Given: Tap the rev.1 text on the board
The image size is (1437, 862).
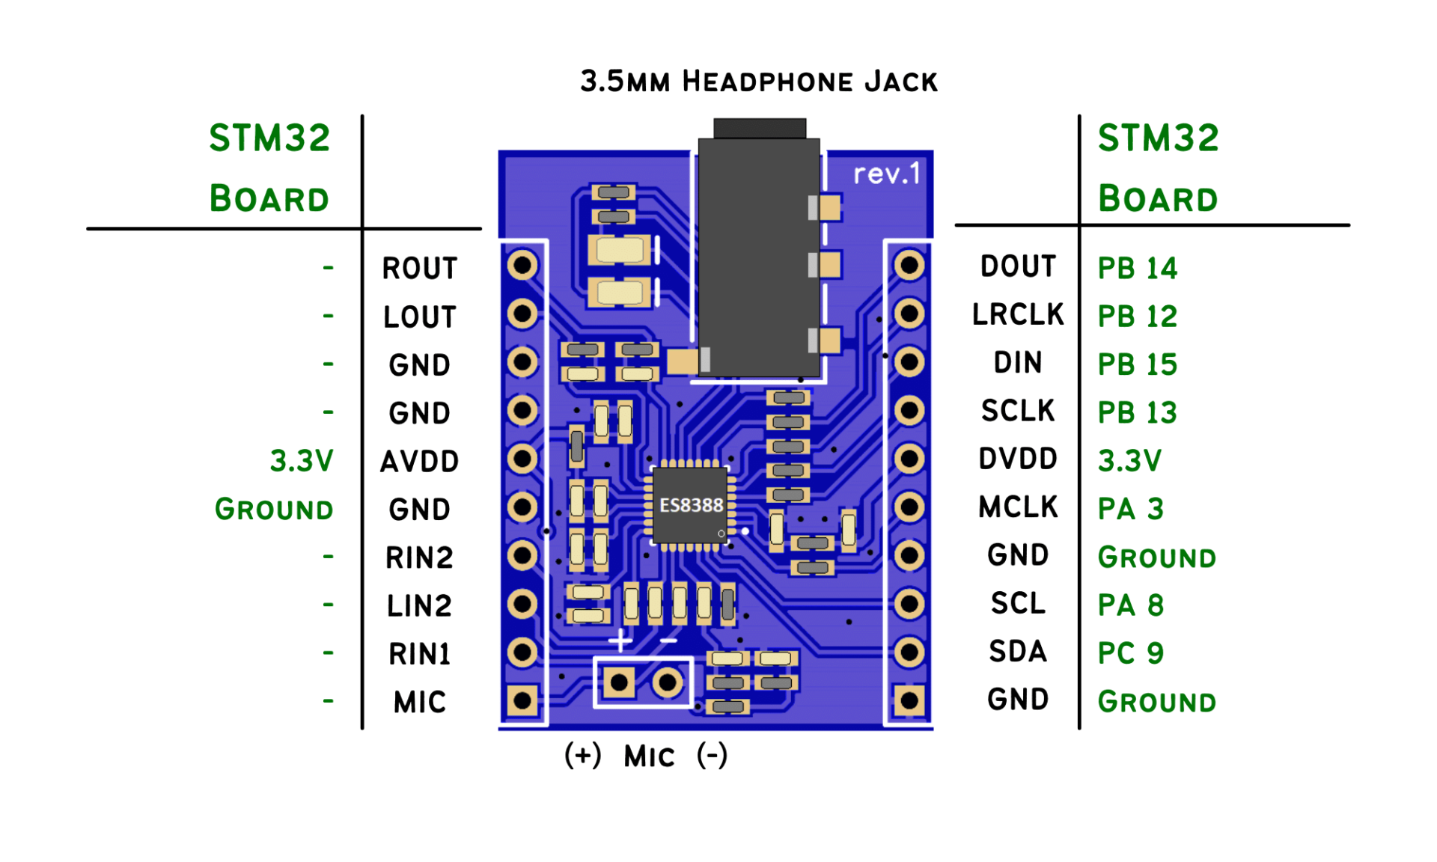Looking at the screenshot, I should coord(886,174).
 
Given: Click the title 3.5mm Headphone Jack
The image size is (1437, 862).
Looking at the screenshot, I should coord(758,81).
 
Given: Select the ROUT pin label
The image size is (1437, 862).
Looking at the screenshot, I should coord(419,269).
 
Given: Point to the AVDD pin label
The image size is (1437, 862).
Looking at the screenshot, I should coord(419,462).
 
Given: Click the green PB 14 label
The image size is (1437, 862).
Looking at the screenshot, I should coord(1137,269).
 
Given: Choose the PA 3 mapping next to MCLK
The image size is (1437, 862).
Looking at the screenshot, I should coord(1130,510).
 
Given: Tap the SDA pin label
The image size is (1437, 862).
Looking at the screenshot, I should coord(1017,652).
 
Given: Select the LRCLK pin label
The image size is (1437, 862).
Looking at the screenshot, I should coord(1017,315).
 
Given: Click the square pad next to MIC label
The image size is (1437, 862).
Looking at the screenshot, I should coord(522,701).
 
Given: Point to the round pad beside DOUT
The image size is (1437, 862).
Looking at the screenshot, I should coord(909,265).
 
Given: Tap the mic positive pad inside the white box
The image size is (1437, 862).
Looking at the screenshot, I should coord(620,682).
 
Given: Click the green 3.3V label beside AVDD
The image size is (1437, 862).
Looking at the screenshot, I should coord(301,462).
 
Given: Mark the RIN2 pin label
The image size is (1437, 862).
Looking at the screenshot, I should coord(419,558).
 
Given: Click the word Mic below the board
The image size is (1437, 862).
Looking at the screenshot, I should coord(649,756).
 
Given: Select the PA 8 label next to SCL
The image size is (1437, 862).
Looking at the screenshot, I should coord(1130,605).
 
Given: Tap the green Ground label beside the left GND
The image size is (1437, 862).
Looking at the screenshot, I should coord(274,510).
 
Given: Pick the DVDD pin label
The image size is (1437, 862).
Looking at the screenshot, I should coord(1017,459).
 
